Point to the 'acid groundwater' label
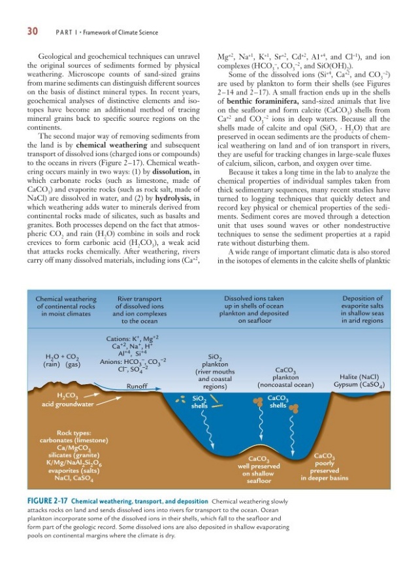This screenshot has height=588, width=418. point(66,404)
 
